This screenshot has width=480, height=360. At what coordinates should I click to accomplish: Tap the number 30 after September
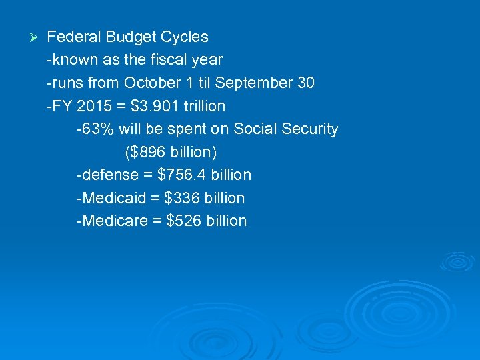[306, 83]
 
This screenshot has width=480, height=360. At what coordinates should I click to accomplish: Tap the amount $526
[183, 221]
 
